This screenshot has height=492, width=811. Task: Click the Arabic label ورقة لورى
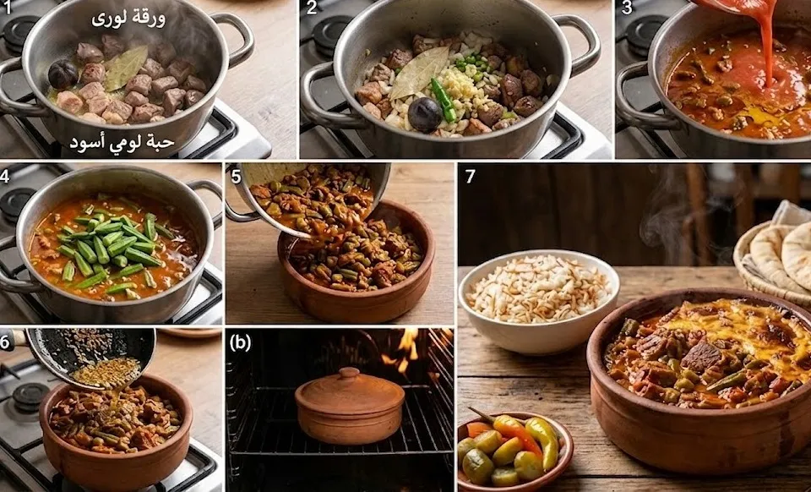128,19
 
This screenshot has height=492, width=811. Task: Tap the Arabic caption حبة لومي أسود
122,143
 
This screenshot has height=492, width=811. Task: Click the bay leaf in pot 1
125,66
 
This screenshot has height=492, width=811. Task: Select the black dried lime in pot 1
63,74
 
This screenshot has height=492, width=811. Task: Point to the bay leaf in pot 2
418,72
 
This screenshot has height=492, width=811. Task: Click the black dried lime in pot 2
425,114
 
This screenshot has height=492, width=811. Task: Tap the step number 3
626,8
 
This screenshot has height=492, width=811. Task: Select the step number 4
5,175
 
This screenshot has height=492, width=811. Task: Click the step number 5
236,177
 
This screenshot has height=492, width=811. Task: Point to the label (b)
240,343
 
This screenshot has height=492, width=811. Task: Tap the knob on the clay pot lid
349,373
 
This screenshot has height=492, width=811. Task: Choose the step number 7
470,177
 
